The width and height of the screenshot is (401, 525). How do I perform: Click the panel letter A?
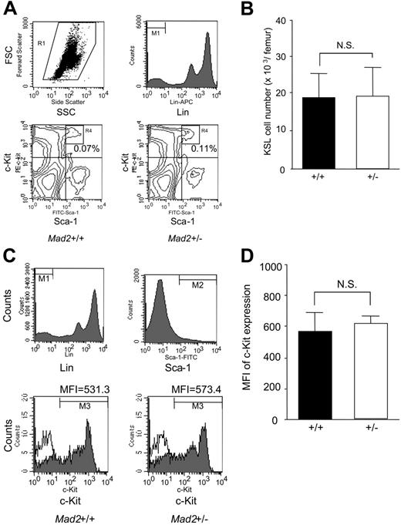click(8, 8)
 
